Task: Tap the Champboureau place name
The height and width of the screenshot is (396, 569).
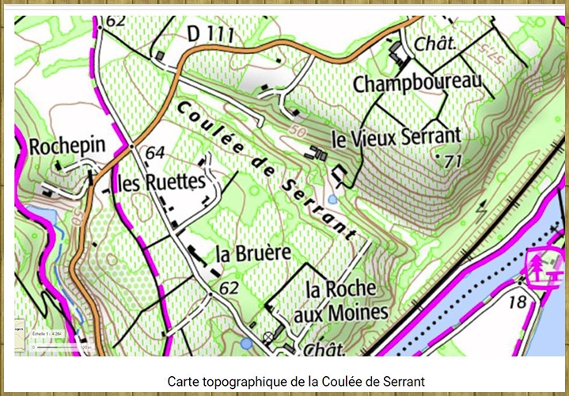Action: (417, 83)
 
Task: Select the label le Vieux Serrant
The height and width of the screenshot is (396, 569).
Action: (396, 138)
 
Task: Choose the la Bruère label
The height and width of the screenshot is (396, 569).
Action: (253, 253)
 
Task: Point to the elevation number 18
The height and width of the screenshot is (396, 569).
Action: (517, 302)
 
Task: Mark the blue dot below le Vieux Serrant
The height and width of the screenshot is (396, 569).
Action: (333, 200)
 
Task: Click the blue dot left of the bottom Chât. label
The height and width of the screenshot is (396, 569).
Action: (247, 343)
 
